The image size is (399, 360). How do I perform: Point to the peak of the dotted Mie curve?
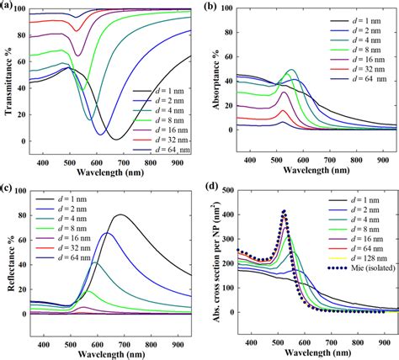284,211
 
